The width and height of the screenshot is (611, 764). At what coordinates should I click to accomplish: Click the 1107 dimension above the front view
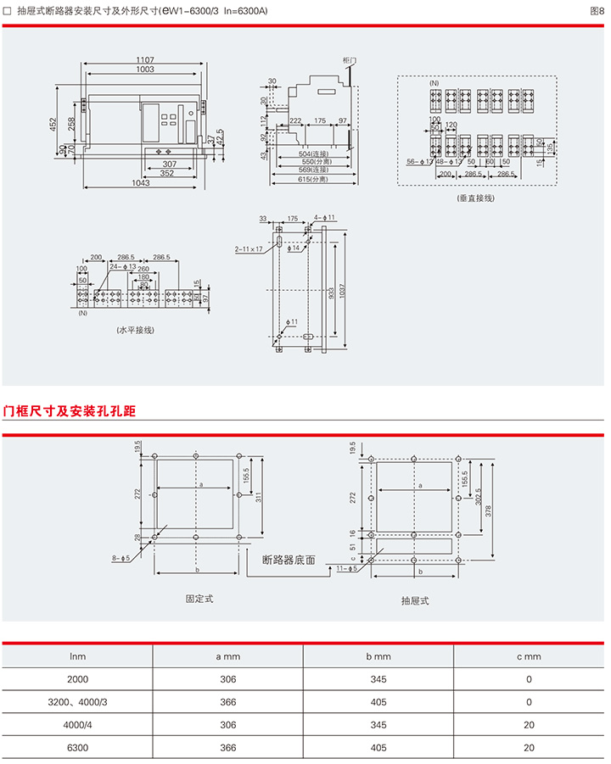point(144,59)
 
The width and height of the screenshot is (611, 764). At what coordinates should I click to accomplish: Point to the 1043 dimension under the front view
point(141,183)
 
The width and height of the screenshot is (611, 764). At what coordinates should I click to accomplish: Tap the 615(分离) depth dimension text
point(315,180)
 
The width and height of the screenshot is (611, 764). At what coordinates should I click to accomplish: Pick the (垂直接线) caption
point(475,197)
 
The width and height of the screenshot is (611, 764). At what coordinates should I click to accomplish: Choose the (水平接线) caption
point(136,329)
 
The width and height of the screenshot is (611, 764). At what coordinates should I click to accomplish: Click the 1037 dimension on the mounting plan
point(342,287)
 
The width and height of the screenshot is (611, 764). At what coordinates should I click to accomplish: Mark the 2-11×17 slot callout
point(249,250)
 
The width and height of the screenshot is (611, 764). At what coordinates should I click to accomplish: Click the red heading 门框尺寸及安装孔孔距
point(70,411)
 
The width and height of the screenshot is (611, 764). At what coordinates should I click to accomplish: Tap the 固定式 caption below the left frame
point(199,599)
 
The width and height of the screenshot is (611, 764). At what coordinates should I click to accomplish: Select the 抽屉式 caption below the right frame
point(415,600)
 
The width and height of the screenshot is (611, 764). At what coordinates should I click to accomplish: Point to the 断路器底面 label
point(289,560)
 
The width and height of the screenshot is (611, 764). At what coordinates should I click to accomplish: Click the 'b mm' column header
point(378,656)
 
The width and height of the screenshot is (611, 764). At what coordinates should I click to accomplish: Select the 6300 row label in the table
point(76,748)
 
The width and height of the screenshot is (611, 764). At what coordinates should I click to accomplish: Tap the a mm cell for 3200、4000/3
point(227,702)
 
